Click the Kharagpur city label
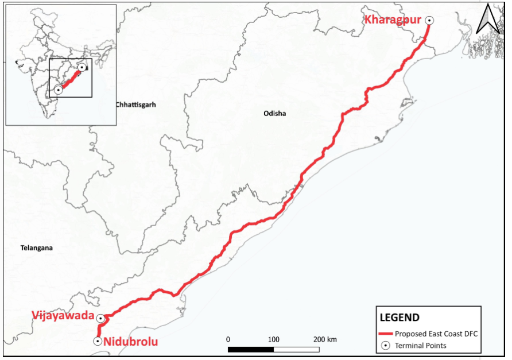393,20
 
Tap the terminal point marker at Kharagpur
429,20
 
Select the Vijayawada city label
63,315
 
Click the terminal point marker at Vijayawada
100,318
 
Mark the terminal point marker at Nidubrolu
98,341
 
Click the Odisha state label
274,114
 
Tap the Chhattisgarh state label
135,105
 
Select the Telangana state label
36,248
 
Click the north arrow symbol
490,18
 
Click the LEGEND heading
399,318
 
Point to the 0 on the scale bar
228,339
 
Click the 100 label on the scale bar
273,339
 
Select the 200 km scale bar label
325,339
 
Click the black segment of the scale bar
250,349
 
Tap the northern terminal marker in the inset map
83,67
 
